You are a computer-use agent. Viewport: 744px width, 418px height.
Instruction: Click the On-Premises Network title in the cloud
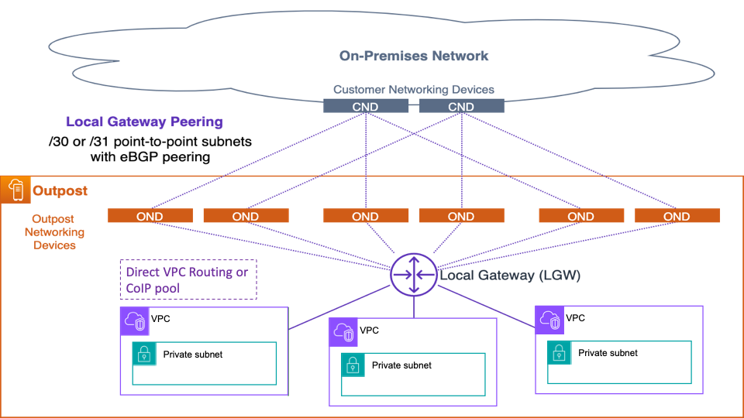pos(414,56)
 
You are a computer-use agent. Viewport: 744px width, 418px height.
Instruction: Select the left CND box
pos(365,106)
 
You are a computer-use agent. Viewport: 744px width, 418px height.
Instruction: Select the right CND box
pos(461,106)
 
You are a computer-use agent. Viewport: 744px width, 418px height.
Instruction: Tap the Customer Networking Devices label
pos(414,90)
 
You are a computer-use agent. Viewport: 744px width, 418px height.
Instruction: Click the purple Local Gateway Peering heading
pos(144,122)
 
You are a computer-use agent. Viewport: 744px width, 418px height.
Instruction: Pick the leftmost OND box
pos(150,216)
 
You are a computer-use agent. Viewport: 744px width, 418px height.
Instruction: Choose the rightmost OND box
pos(677,216)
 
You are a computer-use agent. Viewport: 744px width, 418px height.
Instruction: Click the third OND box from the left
pos(365,216)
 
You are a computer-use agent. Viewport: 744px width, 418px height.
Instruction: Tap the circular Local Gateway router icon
pos(413,275)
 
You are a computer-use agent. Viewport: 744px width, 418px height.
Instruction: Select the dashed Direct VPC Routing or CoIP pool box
pos(188,279)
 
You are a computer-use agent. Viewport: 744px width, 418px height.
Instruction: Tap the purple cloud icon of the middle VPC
pos(343,332)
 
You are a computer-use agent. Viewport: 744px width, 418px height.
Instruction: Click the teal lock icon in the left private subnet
pos(144,355)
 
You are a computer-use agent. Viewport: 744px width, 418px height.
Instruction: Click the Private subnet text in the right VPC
pos(608,352)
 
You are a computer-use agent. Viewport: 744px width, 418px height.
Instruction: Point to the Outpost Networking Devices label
pos(54,232)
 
